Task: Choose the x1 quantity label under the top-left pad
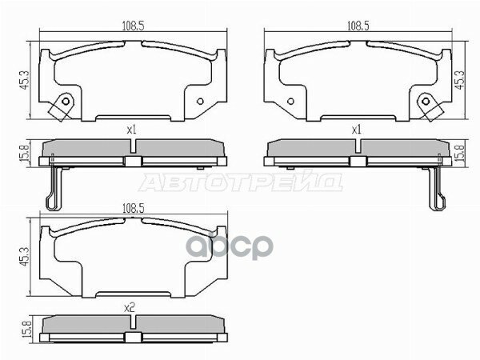pyautogui.click(x=132, y=128)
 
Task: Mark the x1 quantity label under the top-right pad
pyautogui.click(x=357, y=128)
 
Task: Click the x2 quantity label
pyautogui.click(x=132, y=305)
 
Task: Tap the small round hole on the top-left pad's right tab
pyautogui.click(x=200, y=102)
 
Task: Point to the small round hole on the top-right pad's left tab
pyautogui.click(x=290, y=102)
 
